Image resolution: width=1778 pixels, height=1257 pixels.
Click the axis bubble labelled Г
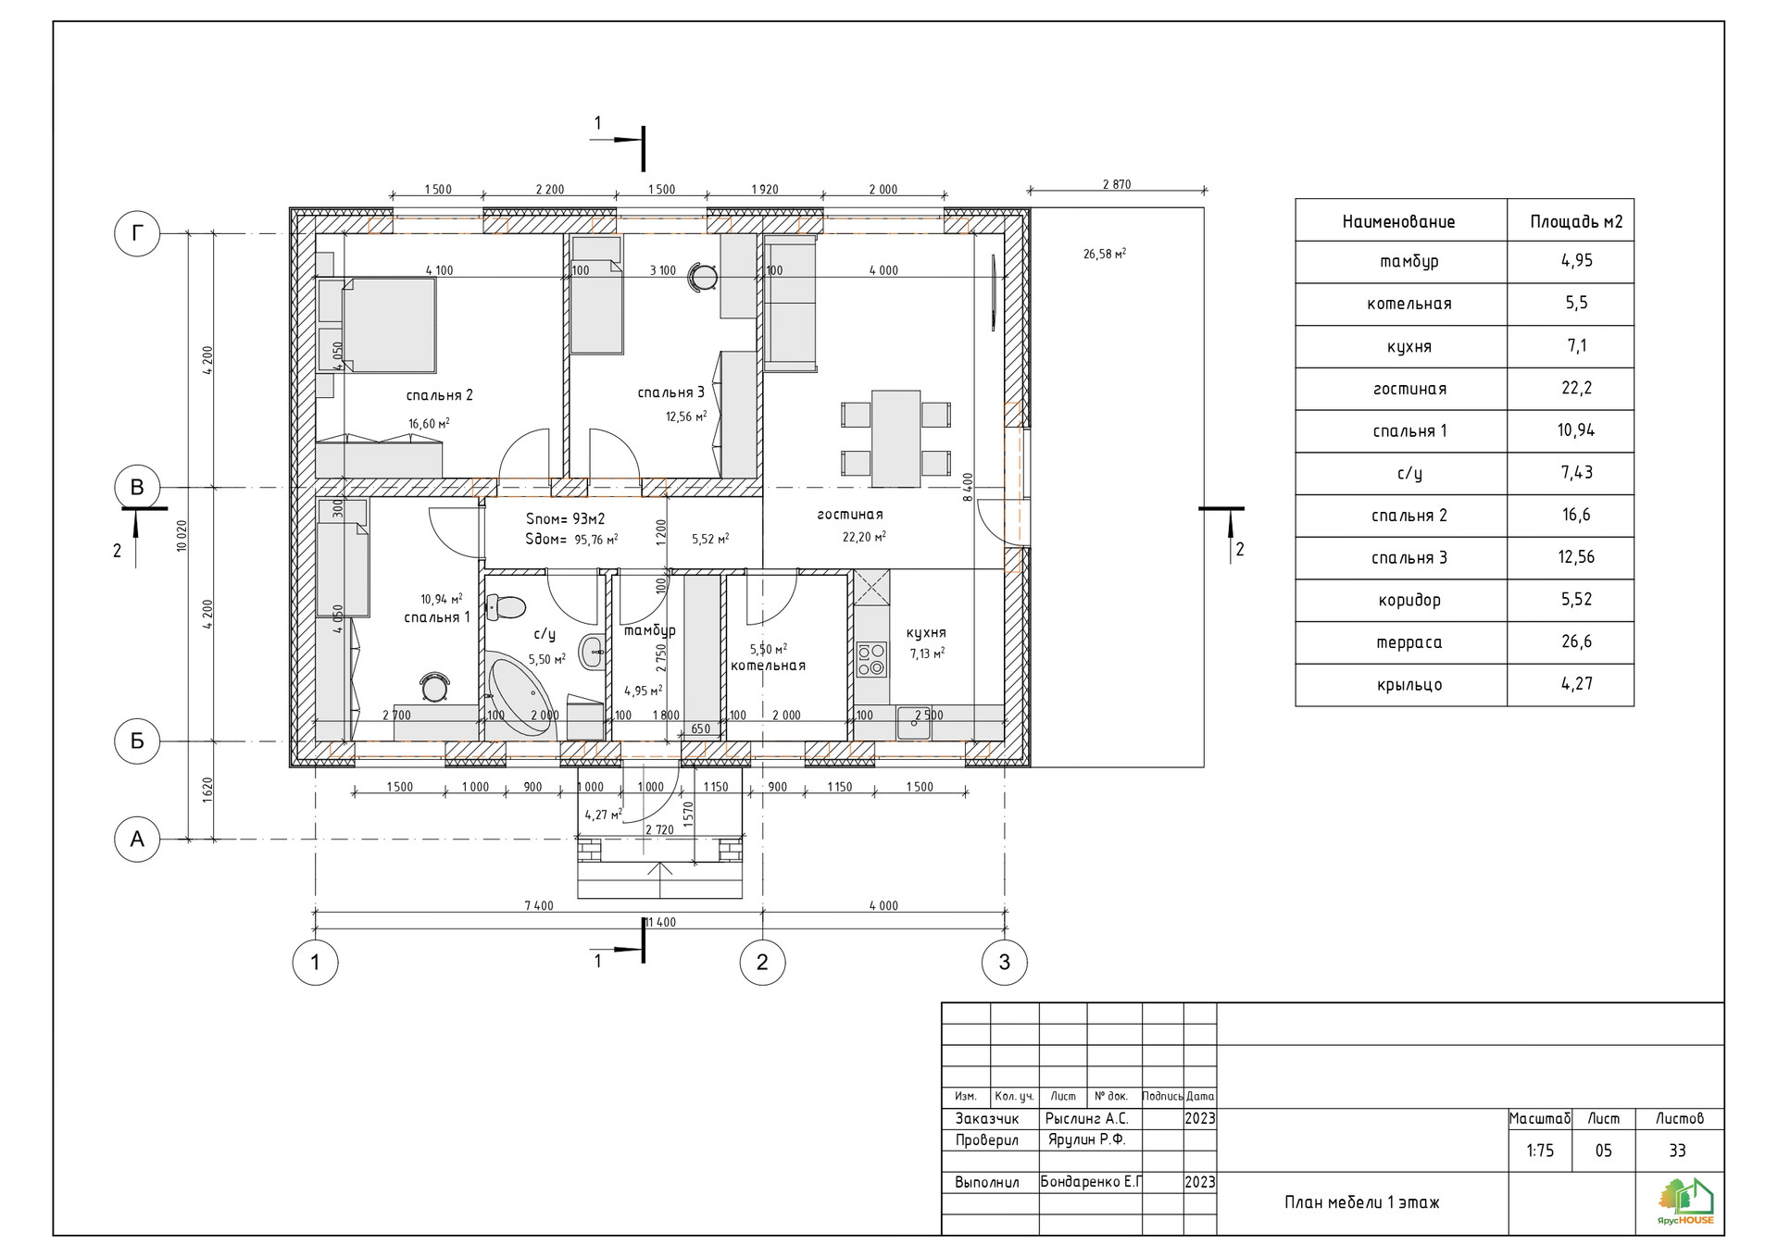[137, 234]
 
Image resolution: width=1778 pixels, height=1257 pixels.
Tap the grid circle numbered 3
[1005, 963]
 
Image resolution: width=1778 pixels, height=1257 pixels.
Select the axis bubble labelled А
[137, 840]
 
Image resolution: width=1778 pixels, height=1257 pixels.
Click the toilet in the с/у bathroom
[507, 607]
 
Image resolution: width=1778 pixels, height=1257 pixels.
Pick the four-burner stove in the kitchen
[871, 660]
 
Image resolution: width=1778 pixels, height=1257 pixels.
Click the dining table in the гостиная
[896, 439]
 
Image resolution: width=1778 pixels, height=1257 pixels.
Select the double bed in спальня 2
[388, 325]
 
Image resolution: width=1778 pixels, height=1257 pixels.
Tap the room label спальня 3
[671, 392]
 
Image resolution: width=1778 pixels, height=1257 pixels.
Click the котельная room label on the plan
[768, 666]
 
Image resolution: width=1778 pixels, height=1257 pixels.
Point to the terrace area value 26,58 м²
[1105, 254]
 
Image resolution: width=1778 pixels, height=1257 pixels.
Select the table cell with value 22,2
[1576, 388]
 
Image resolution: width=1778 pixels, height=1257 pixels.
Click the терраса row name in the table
[1409, 642]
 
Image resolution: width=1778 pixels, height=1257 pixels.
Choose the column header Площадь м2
[1576, 221]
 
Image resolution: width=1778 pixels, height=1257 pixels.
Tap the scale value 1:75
[1540, 1151]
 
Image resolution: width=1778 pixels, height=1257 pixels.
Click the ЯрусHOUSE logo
[1686, 1201]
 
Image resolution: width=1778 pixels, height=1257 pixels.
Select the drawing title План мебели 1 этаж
[1361, 1202]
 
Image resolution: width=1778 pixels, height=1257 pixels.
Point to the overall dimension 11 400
[660, 922]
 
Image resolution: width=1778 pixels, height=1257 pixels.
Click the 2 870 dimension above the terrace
[1117, 184]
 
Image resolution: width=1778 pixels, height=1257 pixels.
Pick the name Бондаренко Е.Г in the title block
[1091, 1182]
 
